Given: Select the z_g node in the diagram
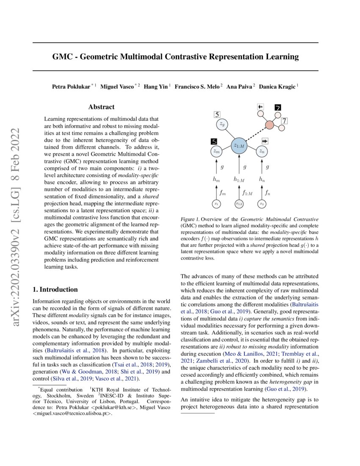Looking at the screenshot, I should [222, 124].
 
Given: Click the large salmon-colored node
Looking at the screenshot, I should [269, 125].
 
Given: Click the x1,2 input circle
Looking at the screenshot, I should [240, 204].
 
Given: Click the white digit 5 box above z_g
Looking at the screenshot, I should [217, 114].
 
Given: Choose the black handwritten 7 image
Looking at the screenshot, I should [278, 108].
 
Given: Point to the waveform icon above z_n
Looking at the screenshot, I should [265, 141].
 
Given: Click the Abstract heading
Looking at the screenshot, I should [102, 108].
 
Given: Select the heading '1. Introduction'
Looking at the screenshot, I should [55, 290].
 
